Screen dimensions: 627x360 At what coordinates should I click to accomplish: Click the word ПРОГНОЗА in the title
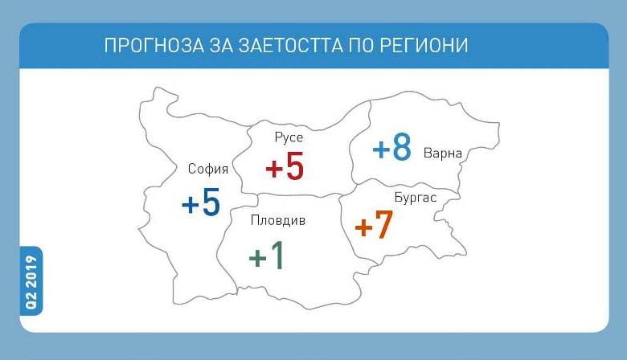pyautogui.click(x=154, y=46)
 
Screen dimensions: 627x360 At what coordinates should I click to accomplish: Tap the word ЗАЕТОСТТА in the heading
pyautogui.click(x=290, y=46)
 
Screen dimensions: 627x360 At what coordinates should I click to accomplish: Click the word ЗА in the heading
pyautogui.click(x=221, y=46)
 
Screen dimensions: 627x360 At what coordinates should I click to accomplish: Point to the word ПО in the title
pyautogui.click(x=361, y=46)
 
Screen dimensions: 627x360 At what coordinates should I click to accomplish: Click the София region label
pyautogui.click(x=208, y=169)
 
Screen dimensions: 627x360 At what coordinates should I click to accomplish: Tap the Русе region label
pyautogui.click(x=289, y=138)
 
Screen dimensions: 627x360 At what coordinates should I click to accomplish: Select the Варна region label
pyautogui.click(x=443, y=153)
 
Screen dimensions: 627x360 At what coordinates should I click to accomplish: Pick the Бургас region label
pyautogui.click(x=416, y=198)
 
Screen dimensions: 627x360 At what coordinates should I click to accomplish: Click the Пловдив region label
pyautogui.click(x=278, y=220)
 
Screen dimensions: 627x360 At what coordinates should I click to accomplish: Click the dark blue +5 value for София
pyautogui.click(x=201, y=202)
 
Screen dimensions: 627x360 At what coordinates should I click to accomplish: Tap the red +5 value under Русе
pyautogui.click(x=285, y=166)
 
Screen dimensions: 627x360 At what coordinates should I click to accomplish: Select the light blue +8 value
pyautogui.click(x=392, y=147)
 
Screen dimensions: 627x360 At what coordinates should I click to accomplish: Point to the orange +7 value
pyautogui.click(x=374, y=225)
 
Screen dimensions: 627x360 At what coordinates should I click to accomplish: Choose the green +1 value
pyautogui.click(x=266, y=256)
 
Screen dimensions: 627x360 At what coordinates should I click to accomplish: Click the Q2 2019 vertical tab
pyautogui.click(x=31, y=282)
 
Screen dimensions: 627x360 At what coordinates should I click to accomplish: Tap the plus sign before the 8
pyautogui.click(x=381, y=149)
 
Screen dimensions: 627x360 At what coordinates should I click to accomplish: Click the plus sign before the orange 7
pyautogui.click(x=363, y=227)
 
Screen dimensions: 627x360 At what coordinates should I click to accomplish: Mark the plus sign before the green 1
pyautogui.click(x=257, y=258)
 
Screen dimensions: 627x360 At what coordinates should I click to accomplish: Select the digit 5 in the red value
pyautogui.click(x=295, y=166)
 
